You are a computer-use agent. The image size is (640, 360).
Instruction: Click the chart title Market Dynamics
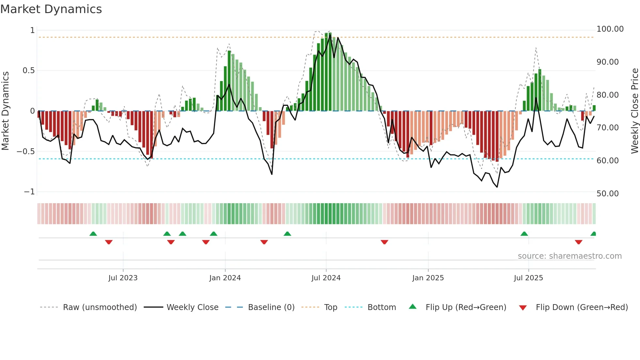click(x=51, y=9)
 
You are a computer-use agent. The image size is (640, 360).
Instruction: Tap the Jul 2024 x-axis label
click(x=326, y=278)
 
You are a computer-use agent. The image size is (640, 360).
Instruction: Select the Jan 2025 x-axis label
click(x=428, y=278)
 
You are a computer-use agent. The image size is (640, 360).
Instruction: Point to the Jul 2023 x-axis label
click(x=123, y=278)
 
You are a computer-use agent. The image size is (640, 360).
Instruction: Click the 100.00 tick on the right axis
click(x=610, y=29)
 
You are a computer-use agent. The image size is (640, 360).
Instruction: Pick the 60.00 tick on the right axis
click(x=607, y=161)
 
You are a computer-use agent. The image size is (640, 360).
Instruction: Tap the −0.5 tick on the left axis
click(x=25, y=152)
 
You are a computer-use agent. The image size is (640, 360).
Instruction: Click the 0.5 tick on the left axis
click(x=28, y=71)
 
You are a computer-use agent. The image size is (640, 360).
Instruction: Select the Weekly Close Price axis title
click(x=634, y=111)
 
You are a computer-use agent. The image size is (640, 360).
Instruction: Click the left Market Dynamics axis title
click(x=5, y=111)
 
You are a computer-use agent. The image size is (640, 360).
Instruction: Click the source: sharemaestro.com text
click(x=569, y=256)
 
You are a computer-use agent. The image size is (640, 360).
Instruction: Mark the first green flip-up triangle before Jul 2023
click(x=93, y=234)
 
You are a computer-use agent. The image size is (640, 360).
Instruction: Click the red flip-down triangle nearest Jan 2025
click(x=384, y=242)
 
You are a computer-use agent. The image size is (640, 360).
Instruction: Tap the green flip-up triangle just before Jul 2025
click(x=524, y=234)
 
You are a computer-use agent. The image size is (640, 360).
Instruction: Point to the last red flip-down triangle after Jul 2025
click(x=579, y=242)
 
